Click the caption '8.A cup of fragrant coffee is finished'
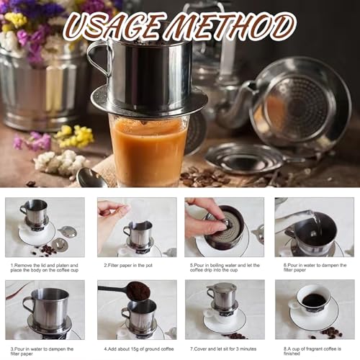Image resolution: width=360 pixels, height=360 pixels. pyautogui.click(x=313, y=351)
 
